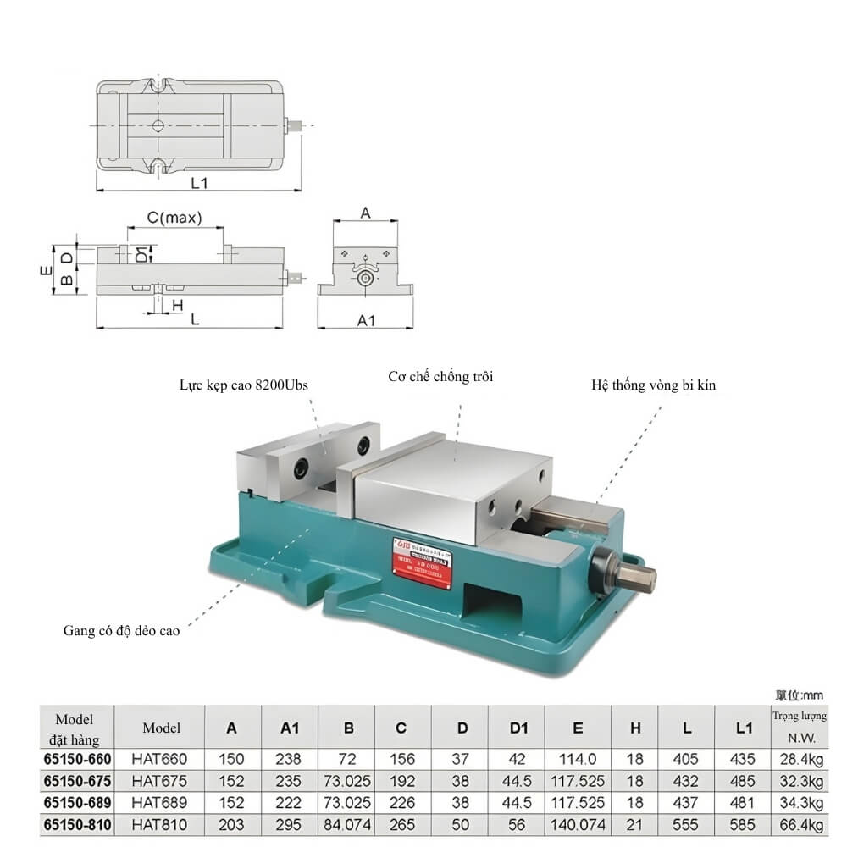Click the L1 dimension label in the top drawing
point(200,182)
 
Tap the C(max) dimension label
point(174,218)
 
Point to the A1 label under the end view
point(366,320)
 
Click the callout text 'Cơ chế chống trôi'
point(440,376)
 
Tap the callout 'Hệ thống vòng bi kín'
point(654,385)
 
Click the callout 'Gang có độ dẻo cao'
point(121,630)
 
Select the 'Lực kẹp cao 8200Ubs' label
point(244,385)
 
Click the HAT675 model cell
point(159,780)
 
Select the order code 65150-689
point(78,802)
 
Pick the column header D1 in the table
point(518,728)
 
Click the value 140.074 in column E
point(579,824)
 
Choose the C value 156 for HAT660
point(401,759)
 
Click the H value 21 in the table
point(635,824)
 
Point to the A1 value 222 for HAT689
point(289,802)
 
